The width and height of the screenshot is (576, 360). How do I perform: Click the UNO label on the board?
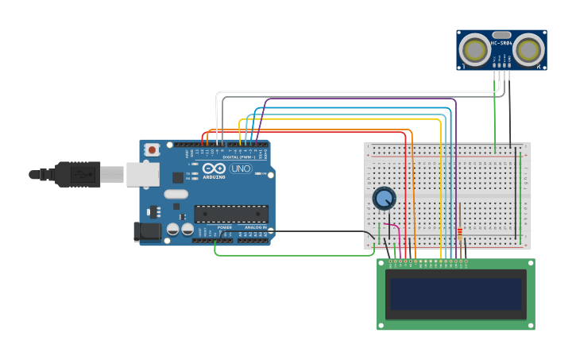(x=240, y=168)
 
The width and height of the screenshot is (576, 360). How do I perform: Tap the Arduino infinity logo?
(x=213, y=168)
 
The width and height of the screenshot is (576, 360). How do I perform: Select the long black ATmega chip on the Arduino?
(x=231, y=214)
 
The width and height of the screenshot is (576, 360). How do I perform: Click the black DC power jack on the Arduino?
(x=145, y=231)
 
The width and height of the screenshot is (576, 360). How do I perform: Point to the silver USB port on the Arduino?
(x=142, y=174)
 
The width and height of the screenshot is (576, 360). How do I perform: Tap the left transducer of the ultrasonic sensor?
(x=475, y=50)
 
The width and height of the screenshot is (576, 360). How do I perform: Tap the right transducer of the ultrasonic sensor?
(x=528, y=50)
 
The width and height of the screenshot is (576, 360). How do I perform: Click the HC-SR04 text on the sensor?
(x=501, y=44)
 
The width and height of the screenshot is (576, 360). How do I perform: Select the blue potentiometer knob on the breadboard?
(x=384, y=198)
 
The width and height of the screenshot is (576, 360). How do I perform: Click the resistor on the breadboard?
(x=459, y=234)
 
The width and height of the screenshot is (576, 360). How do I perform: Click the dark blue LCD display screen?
(x=456, y=293)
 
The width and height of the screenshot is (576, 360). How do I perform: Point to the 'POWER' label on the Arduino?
(x=225, y=227)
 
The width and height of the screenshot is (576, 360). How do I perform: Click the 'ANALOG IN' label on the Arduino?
(x=254, y=227)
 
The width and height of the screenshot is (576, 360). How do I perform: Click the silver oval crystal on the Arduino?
(x=176, y=194)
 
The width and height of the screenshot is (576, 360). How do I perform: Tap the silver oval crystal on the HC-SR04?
(x=501, y=36)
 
